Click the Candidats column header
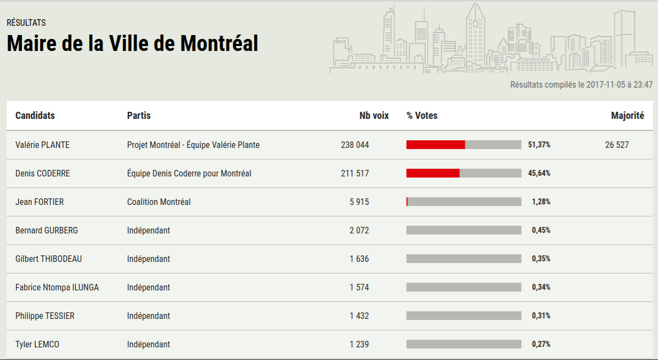tap(35, 116)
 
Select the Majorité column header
tap(627, 116)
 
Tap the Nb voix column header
tap(374, 116)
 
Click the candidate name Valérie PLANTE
tap(42, 145)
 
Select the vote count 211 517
tap(354, 174)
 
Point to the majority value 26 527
tap(617, 145)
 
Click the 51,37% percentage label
tap(539, 145)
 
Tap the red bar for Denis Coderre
tap(433, 173)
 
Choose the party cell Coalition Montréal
tap(159, 202)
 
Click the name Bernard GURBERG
tap(47, 231)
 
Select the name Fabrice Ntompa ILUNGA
tap(57, 288)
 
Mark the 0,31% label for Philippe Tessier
tap(541, 316)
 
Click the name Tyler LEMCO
tap(37, 345)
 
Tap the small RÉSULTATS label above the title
tap(26, 23)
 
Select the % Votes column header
tap(422, 116)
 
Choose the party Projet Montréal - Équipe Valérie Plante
tap(193, 145)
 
